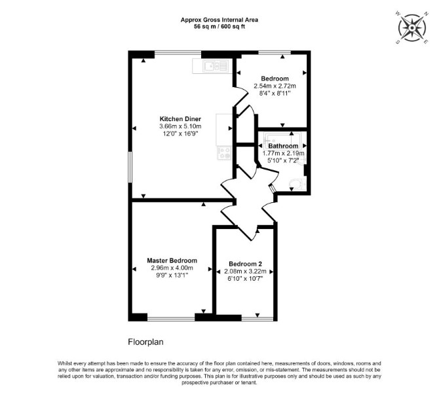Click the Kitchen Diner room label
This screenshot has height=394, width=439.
tap(180, 119)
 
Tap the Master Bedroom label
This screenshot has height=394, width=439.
tap(172, 260)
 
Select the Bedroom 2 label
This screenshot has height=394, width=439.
tap(245, 264)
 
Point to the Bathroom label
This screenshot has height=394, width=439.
tap(283, 146)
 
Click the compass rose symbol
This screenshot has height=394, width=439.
tap(412, 28)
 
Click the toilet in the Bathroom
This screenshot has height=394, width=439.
tap(297, 184)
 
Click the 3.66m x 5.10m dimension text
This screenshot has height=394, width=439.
tap(180, 126)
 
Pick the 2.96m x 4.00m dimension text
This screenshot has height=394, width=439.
tap(172, 268)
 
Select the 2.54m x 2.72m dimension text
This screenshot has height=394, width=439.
tap(275, 86)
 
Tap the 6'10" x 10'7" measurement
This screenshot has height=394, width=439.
tap(245, 279)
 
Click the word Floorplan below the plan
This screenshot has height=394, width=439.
tap(145, 342)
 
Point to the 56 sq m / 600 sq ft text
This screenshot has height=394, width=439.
tap(220, 27)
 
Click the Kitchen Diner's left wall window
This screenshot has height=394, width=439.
tap(130, 167)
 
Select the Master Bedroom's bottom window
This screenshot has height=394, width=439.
tap(171, 318)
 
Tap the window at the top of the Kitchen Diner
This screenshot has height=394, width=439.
tap(178, 52)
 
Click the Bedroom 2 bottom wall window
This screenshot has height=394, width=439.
tap(258, 318)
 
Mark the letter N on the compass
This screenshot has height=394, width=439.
tap(426, 14)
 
